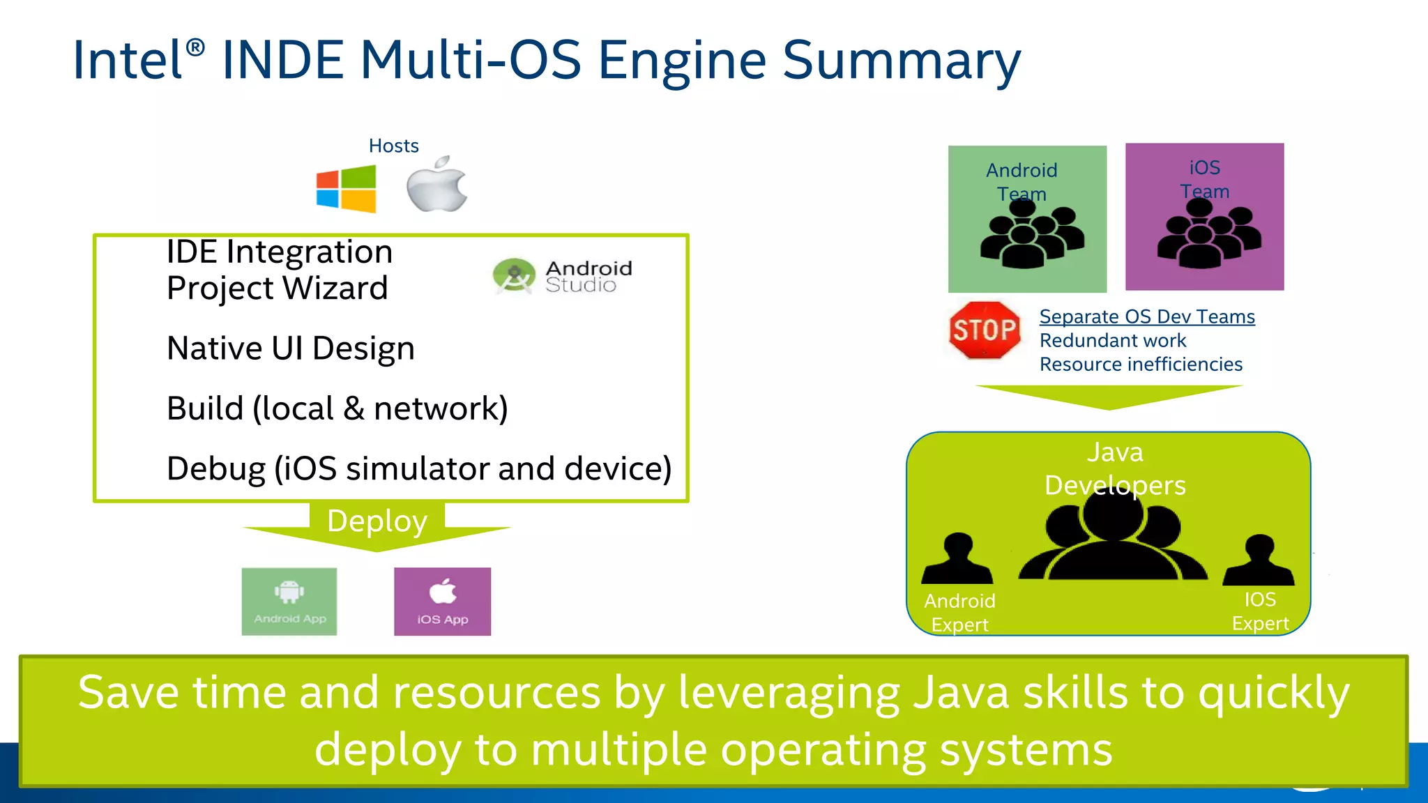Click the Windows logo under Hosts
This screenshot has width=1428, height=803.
tap(346, 189)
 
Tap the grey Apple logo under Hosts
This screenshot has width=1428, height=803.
tap(437, 185)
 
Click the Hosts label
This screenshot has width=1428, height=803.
tap(393, 146)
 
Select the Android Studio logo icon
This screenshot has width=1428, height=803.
tap(514, 276)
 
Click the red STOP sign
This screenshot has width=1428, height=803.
tap(984, 330)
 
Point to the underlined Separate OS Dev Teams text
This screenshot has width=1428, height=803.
tap(1146, 316)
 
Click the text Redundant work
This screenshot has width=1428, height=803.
tap(1112, 341)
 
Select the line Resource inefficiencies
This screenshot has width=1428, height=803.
tap(1141, 365)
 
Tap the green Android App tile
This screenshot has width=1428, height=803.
tap(289, 602)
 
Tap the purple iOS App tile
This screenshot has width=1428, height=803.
tap(442, 602)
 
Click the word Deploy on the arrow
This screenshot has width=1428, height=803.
tap(377, 521)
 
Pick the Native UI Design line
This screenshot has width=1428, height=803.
tap(291, 349)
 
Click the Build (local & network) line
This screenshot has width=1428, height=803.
tap(337, 408)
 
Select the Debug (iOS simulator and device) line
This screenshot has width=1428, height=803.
tap(418, 468)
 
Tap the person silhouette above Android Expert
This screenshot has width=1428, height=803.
tap(957, 560)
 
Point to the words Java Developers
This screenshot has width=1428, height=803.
tap(1114, 468)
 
